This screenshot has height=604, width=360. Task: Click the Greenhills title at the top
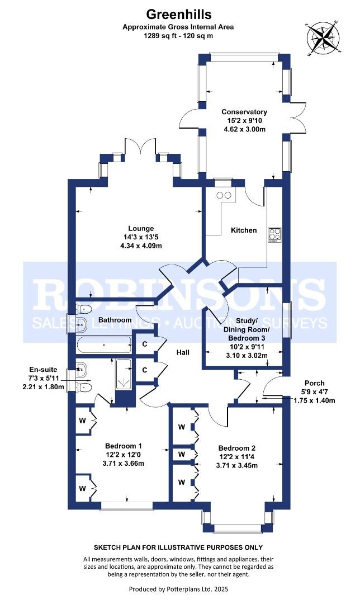click(180, 13)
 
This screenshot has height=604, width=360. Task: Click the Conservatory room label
click(244, 112)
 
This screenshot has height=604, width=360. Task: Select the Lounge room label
click(137, 228)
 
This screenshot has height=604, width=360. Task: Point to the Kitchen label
click(244, 230)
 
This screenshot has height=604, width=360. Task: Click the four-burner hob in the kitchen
click(274, 234)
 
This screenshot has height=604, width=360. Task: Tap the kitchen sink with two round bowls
click(224, 195)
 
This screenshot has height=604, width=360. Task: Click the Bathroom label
click(115, 320)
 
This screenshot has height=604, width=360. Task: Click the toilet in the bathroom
click(84, 309)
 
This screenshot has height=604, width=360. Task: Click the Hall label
click(183, 353)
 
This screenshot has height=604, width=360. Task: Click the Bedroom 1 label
click(124, 446)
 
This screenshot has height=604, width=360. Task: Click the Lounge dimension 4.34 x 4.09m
click(137, 246)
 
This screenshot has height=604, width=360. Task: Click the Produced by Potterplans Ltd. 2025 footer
click(179, 589)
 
